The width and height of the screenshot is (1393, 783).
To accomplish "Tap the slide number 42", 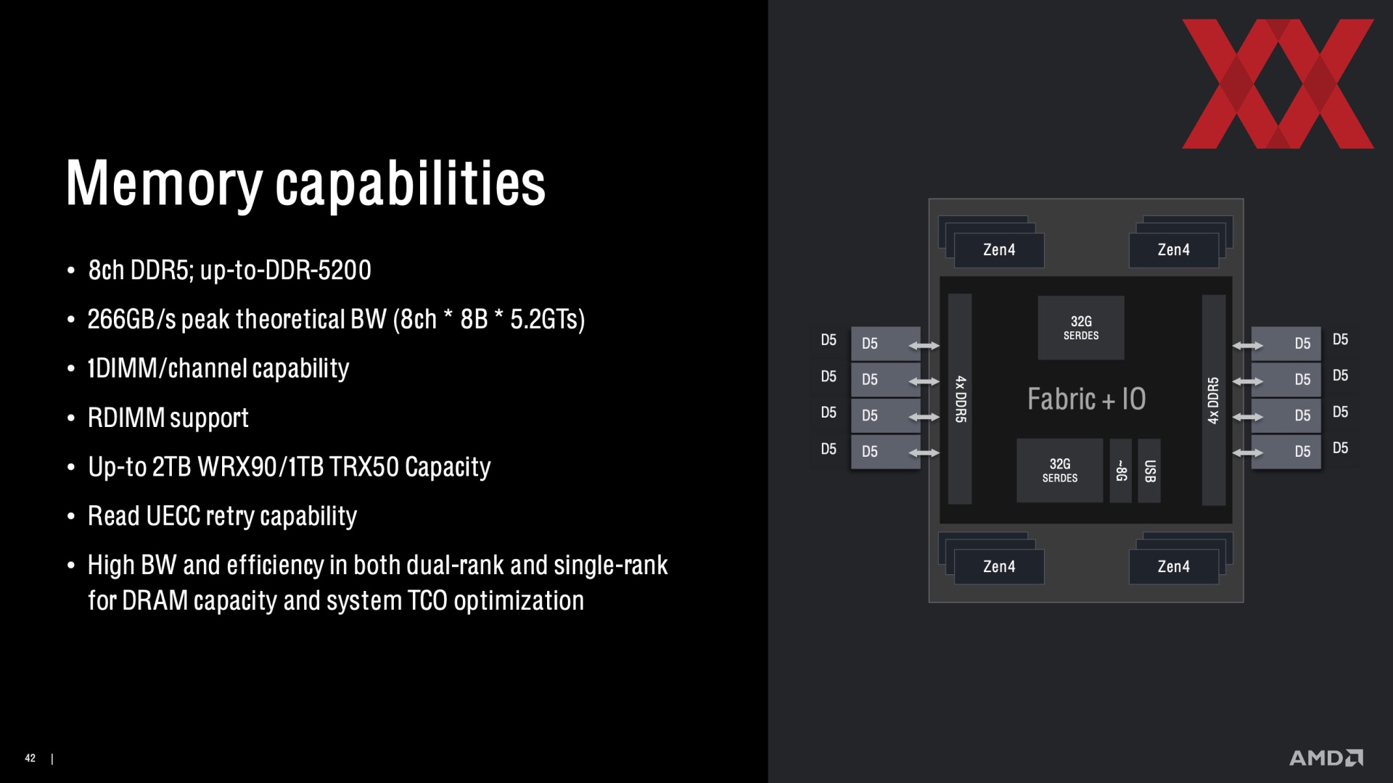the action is [30, 758].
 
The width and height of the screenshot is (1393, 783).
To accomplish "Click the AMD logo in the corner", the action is [1326, 758].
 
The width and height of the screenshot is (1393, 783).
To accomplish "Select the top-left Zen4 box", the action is [999, 250].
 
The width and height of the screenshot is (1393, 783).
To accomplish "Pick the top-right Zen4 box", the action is [1173, 250].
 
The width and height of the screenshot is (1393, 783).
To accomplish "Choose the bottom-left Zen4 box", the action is [999, 566].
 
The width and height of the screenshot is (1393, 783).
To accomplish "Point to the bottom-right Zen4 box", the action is [1173, 566].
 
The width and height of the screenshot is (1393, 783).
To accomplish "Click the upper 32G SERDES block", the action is [1081, 328].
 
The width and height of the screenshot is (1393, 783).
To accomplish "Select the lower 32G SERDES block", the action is [1060, 471].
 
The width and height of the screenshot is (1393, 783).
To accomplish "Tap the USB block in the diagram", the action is [1149, 471].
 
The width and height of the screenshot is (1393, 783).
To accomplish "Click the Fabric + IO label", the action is [1086, 399].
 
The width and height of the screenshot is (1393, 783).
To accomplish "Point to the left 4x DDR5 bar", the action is [960, 399].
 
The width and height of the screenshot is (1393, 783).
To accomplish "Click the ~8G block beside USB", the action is [1121, 471].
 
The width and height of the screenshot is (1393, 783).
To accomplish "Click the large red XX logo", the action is [1278, 83].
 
